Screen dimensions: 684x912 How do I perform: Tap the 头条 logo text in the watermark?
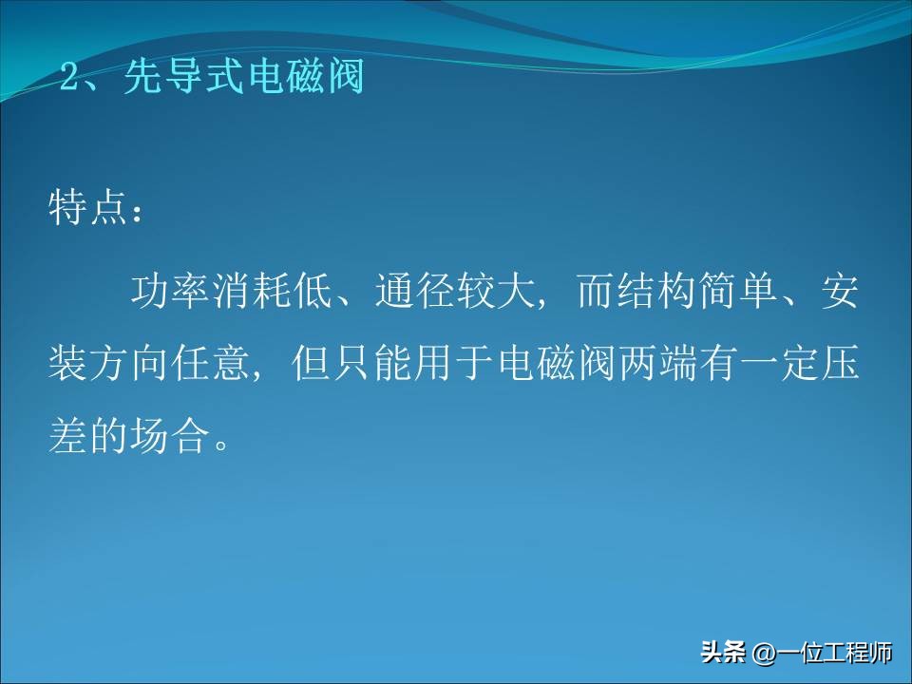(723, 653)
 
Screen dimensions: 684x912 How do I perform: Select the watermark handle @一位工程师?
(823, 653)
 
